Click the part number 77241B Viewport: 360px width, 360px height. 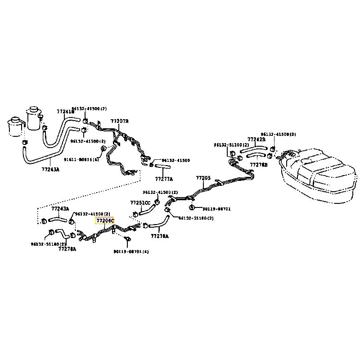click(65, 112)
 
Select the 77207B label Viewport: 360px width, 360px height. click(120, 121)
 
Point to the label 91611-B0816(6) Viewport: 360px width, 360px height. click(81, 159)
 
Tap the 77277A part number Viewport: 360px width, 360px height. click(164, 179)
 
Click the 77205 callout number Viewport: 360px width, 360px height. click(203, 178)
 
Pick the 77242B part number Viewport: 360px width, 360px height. click(256, 139)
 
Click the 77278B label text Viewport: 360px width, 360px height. click(258, 165)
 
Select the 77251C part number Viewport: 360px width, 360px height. click(140, 202)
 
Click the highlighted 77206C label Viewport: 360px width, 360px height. click(105, 220)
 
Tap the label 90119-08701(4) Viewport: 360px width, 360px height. click(131, 251)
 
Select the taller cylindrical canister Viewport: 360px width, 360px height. click(33, 118)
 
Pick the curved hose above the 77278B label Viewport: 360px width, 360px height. click(257, 155)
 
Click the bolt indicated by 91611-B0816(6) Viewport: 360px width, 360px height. click(103, 148)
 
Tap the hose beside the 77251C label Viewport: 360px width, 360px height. click(149, 209)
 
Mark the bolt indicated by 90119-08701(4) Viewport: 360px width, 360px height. click(127, 239)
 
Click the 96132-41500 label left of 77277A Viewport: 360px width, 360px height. click(175, 160)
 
